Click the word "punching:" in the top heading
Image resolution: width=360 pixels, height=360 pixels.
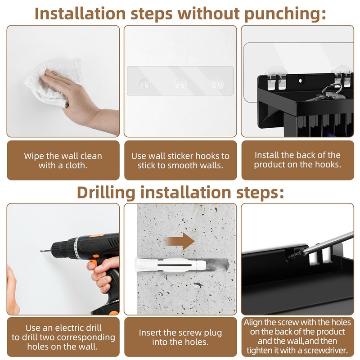(285, 14)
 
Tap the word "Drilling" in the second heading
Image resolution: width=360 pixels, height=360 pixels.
(106, 193)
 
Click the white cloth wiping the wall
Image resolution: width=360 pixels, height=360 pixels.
(54, 82)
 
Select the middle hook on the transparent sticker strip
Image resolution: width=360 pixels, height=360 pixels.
(180, 84)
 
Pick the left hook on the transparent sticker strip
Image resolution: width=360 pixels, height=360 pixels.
(144, 84)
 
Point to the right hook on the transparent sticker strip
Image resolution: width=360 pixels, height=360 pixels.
(217, 84)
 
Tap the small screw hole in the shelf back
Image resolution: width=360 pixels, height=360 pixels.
(301, 81)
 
